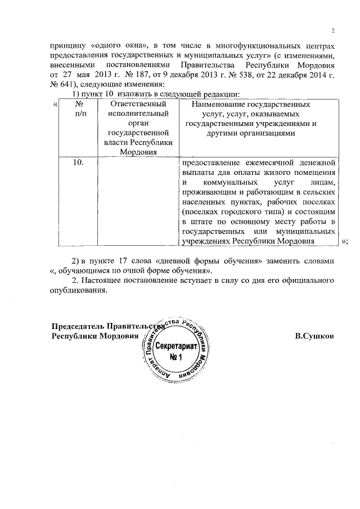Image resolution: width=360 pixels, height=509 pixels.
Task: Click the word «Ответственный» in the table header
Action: tap(137, 104)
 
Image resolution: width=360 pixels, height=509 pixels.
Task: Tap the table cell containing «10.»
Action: tap(78, 162)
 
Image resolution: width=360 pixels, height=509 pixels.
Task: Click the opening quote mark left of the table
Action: tap(55, 104)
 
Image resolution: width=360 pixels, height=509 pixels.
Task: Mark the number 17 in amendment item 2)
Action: tap(121, 262)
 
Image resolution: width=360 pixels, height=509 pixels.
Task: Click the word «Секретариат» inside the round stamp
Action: tap(176, 347)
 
